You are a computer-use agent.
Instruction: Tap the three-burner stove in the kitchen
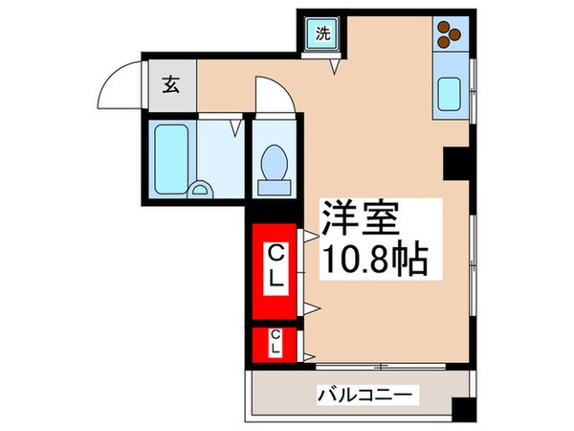tap(448, 35)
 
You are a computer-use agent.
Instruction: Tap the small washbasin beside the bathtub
tap(202, 189)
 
